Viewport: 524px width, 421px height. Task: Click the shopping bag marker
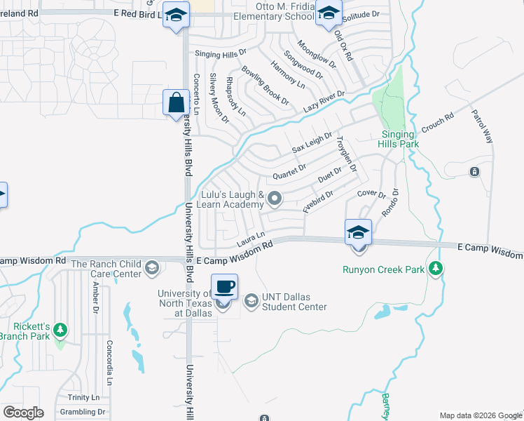176,103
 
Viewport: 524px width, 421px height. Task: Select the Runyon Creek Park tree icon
436,268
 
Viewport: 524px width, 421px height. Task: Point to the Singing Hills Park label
400,139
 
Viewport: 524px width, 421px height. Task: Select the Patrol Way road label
482,126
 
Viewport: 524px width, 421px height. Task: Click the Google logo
23,412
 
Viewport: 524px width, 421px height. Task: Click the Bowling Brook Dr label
265,86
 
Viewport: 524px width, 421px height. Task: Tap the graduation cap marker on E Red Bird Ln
176,15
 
